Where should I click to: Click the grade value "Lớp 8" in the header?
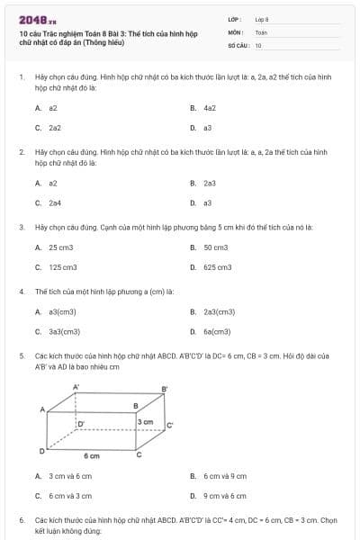[x=262, y=19]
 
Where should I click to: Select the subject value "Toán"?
[x=261, y=31]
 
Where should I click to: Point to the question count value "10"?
[x=258, y=44]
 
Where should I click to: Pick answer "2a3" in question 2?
[x=210, y=183]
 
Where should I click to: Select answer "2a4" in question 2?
[x=55, y=202]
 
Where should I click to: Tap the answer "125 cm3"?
[x=63, y=266]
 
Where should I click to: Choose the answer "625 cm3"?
[x=218, y=266]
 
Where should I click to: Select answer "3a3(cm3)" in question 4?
[x=65, y=331]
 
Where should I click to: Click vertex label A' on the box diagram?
[x=76, y=386]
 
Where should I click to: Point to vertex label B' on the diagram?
[x=164, y=389]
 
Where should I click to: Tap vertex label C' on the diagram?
[x=169, y=424]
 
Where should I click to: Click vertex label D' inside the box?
[x=81, y=423]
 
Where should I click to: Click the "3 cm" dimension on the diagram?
[x=145, y=421]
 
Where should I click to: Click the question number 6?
[x=21, y=520]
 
